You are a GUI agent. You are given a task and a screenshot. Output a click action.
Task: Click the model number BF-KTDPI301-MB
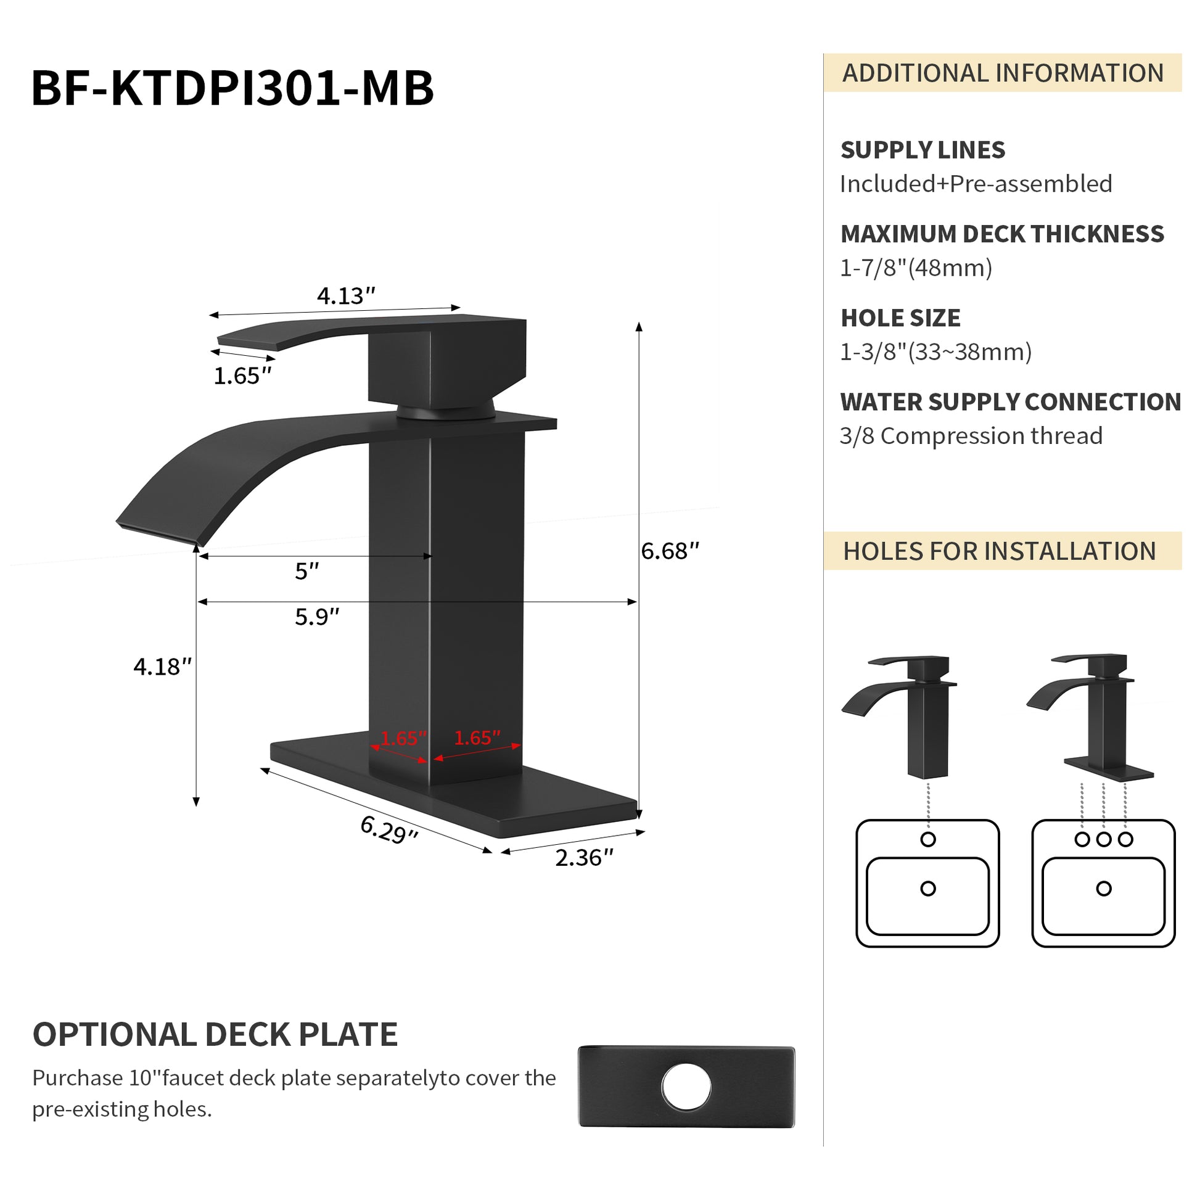232,89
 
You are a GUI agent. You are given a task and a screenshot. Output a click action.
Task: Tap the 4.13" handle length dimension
346,295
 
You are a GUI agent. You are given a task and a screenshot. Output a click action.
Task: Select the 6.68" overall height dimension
670,551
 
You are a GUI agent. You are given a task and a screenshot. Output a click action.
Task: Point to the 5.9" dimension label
317,617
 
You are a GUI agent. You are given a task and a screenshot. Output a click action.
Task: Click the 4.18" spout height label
162,667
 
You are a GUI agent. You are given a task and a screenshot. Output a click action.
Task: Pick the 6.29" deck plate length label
389,830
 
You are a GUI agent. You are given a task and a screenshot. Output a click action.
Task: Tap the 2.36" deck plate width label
584,858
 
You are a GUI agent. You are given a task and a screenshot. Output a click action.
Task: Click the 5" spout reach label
306,571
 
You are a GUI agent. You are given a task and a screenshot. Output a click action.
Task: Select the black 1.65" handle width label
242,376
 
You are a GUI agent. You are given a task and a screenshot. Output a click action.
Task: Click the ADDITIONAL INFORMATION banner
1003,73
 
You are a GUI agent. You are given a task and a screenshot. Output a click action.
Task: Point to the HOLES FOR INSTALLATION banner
1003,551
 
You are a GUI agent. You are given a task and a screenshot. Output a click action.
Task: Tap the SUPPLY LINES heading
923,150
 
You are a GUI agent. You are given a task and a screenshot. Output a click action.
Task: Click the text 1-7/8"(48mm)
916,268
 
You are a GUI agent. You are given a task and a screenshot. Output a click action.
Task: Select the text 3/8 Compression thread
971,435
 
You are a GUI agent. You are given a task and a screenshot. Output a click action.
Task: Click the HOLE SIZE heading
900,318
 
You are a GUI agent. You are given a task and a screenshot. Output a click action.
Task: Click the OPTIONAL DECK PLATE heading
215,1035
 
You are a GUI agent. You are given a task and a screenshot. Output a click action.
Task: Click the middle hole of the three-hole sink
1104,840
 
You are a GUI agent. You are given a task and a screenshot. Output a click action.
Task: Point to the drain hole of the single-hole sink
928,889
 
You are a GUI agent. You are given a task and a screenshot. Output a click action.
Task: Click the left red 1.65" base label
404,739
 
